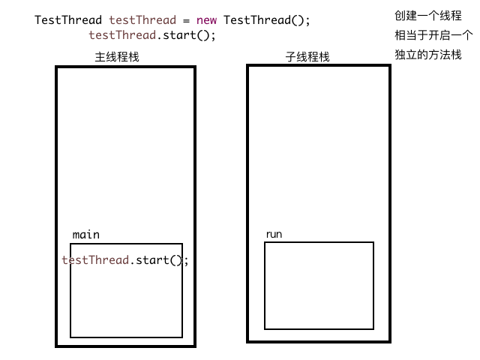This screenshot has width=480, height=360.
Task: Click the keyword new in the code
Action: pos(207,20)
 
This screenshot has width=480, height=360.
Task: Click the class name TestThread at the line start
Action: pos(68,20)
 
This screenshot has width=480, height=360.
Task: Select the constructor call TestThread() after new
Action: pos(266,20)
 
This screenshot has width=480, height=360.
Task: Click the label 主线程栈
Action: pos(117,57)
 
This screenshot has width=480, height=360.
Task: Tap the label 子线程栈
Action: pos(307,57)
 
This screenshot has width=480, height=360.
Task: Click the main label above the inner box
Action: pos(85,235)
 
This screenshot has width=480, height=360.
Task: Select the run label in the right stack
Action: pos(274,235)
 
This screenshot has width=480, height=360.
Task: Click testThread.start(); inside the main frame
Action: pos(125,260)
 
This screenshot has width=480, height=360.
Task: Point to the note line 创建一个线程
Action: pos(427,15)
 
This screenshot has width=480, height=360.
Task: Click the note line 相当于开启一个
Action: pos(433,35)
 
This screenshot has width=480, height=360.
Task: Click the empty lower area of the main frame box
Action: pos(126,307)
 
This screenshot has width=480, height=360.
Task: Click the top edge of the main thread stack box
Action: pos(125,67)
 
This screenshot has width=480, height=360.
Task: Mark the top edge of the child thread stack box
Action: pos(319,65)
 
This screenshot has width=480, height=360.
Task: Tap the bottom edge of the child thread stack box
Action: pos(319,341)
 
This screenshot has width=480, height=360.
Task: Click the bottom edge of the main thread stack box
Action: pos(125,346)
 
